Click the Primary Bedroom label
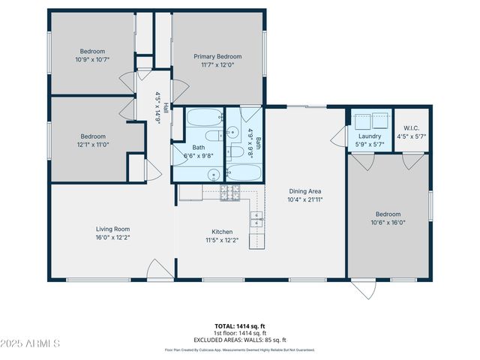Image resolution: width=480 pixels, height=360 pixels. (217, 56)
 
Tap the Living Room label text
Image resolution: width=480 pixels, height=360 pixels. (112, 229)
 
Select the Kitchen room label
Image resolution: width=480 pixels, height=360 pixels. (221, 232)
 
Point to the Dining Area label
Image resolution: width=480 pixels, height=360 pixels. (304, 190)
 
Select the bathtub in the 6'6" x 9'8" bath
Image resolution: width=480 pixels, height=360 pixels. (203, 117)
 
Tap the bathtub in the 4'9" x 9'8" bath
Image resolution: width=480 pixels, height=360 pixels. (243, 172)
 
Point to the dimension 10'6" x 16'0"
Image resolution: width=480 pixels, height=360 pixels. (388, 222)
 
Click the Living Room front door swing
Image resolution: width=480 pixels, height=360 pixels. (160, 270)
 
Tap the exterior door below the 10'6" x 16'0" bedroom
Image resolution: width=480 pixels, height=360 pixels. (366, 288)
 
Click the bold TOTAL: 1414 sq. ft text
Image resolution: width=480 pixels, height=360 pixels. (240, 326)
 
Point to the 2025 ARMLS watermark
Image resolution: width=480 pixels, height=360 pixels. (30, 343)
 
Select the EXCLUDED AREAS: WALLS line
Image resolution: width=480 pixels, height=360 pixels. (240, 340)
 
